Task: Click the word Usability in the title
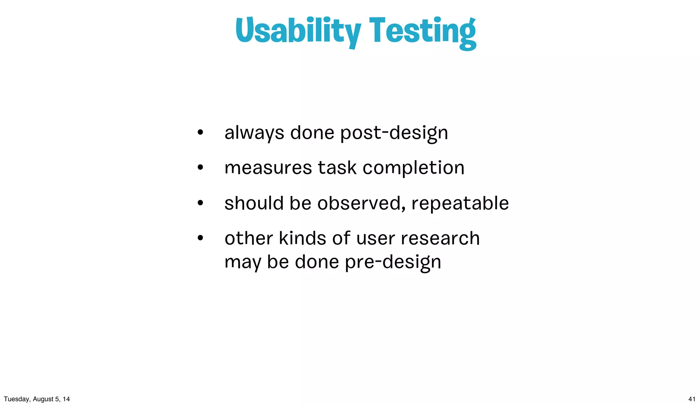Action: point(298,31)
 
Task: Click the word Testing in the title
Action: point(422,31)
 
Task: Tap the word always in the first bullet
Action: point(254,133)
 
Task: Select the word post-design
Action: point(394,133)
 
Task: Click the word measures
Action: point(268,168)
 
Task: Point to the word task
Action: point(337,168)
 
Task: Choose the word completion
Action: point(413,168)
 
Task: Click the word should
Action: point(254,203)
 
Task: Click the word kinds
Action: point(302,238)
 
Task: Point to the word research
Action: point(440,238)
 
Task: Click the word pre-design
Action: point(393,262)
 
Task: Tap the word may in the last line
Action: point(242,263)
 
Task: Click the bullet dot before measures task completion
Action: point(200,168)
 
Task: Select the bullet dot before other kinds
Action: point(200,238)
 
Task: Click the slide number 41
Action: point(692,399)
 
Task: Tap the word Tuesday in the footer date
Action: point(16,399)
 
